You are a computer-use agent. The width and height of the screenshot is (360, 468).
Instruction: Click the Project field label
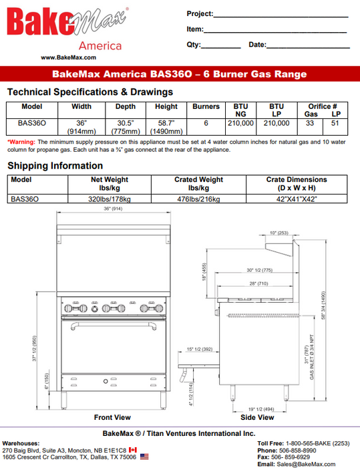pos(200,13)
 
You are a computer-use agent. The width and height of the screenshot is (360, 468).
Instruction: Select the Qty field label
pos(194,45)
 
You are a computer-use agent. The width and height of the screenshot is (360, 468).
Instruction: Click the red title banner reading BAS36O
pos(180,74)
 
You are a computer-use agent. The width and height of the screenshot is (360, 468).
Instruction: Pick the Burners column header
pos(206,106)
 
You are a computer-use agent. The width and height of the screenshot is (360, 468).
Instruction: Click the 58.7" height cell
pos(166,127)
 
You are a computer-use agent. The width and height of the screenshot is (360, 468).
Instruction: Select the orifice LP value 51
pos(335,123)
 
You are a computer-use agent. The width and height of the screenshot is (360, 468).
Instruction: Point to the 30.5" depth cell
pos(125,127)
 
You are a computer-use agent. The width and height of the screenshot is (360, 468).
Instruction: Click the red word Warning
pos(21,142)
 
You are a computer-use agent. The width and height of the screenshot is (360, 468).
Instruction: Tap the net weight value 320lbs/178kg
pos(110,199)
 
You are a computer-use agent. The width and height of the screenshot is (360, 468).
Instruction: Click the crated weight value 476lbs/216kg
pos(198,199)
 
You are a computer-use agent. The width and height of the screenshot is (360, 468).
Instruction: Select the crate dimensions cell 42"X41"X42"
pos(297,199)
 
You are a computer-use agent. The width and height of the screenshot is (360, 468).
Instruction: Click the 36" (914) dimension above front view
pos(112,209)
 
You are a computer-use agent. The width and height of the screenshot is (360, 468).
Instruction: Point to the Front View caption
pos(112,417)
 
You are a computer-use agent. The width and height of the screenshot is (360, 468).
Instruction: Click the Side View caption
pos(256,417)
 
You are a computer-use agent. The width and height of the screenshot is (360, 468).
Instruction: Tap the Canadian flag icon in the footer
pos(132,450)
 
